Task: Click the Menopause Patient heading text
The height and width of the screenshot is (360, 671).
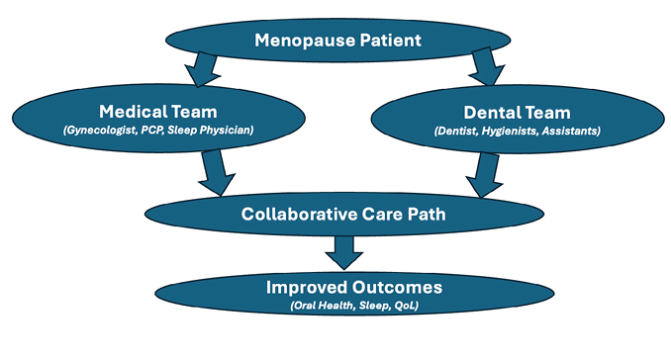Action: click(x=337, y=41)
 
